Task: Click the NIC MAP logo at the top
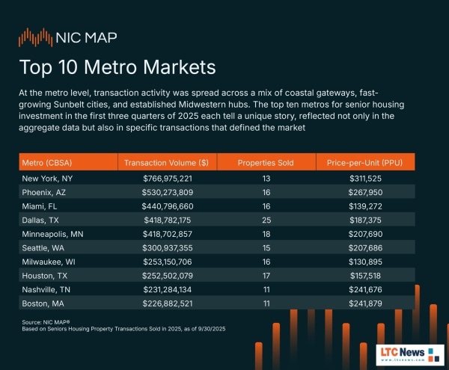(x=67, y=37)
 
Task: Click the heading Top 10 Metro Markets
(x=117, y=67)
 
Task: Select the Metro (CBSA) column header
(x=48, y=162)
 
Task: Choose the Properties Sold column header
(x=266, y=162)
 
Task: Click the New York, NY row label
(x=49, y=179)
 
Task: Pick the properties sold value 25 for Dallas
(x=266, y=221)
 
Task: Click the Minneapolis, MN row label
(x=54, y=235)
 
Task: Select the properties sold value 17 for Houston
(x=266, y=277)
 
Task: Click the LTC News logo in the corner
(x=404, y=353)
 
